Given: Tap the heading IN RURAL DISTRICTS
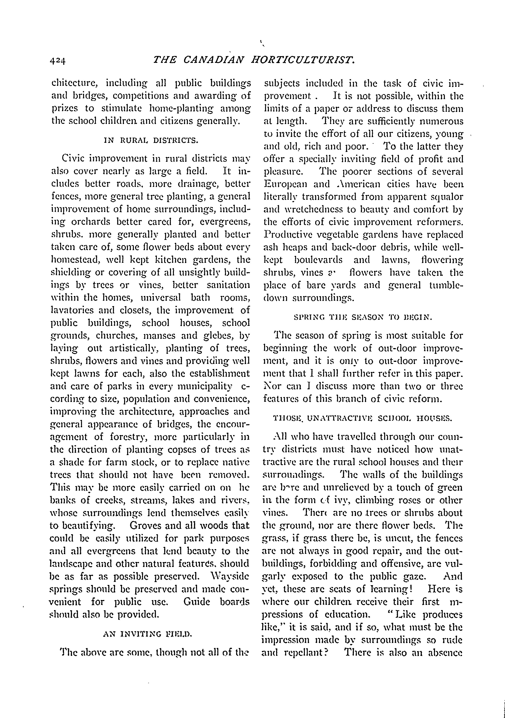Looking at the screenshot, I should coord(151,140).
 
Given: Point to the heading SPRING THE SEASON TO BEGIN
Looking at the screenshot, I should coord(363,318).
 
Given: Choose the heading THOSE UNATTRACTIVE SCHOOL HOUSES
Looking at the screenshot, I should coord(363,418).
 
